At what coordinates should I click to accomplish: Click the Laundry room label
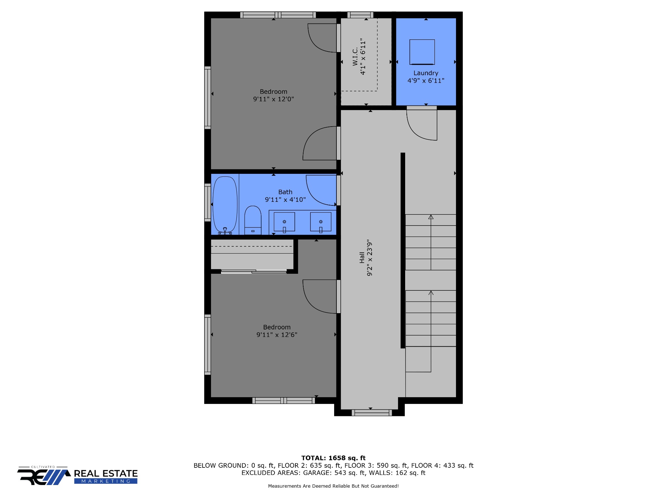click(x=426, y=73)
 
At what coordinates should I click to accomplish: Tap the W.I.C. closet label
click(x=355, y=56)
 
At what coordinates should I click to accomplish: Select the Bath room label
click(x=285, y=192)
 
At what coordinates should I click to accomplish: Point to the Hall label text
click(x=362, y=257)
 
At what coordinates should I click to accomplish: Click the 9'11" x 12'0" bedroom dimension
click(x=274, y=99)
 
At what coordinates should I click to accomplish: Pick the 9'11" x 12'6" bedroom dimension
click(x=277, y=335)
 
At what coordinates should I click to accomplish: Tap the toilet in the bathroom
click(x=253, y=220)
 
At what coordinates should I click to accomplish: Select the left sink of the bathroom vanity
click(x=284, y=222)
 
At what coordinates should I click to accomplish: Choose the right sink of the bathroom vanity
click(x=321, y=222)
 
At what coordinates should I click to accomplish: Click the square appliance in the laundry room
click(x=422, y=52)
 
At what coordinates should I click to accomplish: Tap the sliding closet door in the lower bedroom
click(x=254, y=271)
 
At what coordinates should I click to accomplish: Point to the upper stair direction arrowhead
click(x=431, y=217)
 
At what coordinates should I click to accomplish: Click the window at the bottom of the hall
click(x=372, y=413)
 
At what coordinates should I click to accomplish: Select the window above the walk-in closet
click(x=360, y=15)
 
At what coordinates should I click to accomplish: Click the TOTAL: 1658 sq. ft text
click(x=333, y=458)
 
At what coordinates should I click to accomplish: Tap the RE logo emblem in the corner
click(x=44, y=477)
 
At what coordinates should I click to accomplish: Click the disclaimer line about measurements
click(x=333, y=486)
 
